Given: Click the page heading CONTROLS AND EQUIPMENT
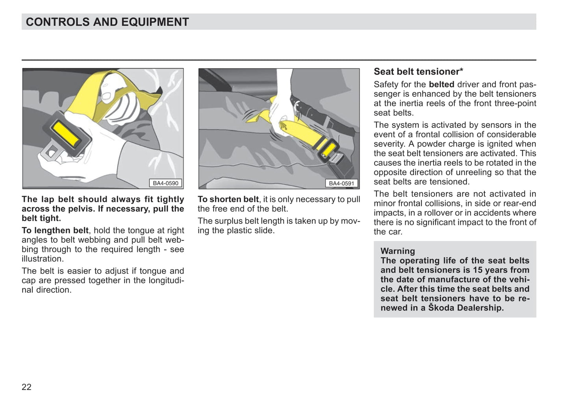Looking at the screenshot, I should coord(107,22).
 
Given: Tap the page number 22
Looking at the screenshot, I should coord(26,387).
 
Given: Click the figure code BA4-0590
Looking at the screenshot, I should coord(165,183).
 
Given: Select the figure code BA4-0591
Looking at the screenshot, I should coord(341,183).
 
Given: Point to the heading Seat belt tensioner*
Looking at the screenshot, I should coord(418,72).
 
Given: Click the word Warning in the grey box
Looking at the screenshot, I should coord(397,251).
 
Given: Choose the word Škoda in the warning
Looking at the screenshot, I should coord(441,308).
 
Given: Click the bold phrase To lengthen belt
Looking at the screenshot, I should coord(55,230).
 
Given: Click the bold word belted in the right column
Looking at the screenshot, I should coord(441,84).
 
